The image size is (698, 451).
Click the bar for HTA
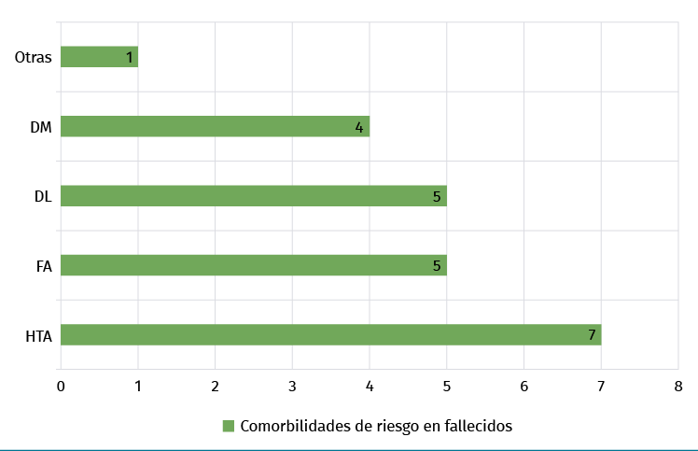(330, 334)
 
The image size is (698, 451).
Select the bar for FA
(253, 265)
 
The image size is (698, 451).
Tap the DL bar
(253, 196)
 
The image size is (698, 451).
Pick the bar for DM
(215, 126)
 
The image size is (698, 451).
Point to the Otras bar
(99, 57)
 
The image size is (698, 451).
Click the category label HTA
(38, 335)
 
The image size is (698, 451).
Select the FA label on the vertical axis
(43, 266)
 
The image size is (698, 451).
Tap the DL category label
(43, 196)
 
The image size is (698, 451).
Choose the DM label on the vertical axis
(41, 127)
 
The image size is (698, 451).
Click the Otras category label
(34, 58)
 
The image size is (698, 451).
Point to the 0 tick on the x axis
(61, 386)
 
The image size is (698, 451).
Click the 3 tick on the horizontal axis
(292, 386)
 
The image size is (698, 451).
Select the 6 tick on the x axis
(523, 386)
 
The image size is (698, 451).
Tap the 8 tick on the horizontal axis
(678, 386)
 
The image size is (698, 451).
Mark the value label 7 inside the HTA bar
(592, 335)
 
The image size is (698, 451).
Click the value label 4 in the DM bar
(359, 127)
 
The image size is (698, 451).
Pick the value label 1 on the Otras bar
(129, 58)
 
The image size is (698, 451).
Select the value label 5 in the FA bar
(437, 266)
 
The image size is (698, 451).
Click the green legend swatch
(228, 426)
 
